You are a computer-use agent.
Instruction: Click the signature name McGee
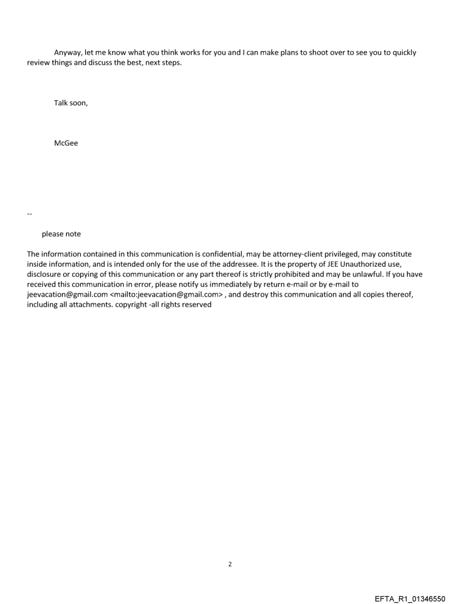[66, 143]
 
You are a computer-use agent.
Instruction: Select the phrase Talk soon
[70, 102]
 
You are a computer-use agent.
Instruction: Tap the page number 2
[229, 564]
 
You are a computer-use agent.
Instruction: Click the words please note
[61, 234]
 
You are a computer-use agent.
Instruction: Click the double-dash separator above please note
[30, 214]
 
